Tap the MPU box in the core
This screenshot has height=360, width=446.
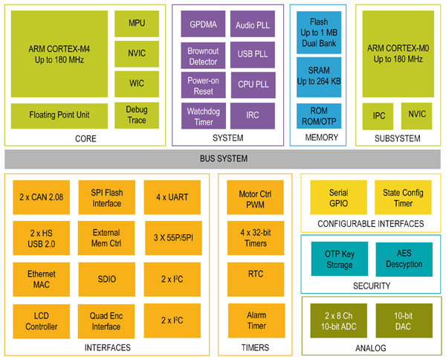(136, 23)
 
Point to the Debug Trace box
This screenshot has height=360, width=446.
(136, 115)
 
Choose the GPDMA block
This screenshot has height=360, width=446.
(203, 24)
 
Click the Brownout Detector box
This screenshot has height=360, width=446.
(203, 55)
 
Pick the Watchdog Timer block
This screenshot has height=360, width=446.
(203, 115)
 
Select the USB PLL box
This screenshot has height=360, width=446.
(252, 55)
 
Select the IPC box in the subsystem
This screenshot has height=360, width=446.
(378, 116)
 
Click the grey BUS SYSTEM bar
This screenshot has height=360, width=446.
(223, 158)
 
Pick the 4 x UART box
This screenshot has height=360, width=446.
(172, 197)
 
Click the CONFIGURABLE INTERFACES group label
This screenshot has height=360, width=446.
(370, 223)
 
